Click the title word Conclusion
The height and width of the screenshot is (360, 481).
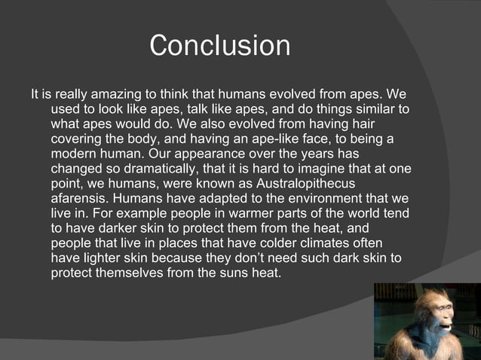(x=219, y=46)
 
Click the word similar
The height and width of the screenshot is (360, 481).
(x=372, y=111)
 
